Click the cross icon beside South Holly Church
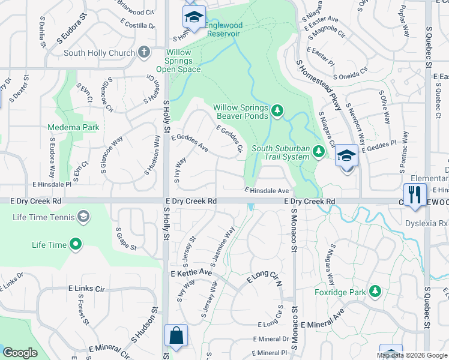[143, 52]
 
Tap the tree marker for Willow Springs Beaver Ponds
[277, 110]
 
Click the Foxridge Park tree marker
[375, 291]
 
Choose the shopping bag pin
[176, 337]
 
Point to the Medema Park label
[73, 128]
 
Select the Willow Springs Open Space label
[178, 61]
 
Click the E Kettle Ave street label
[191, 273]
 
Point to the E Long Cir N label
[264, 278]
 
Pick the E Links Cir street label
[86, 289]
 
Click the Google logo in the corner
[20, 353]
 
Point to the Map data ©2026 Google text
[411, 355]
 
